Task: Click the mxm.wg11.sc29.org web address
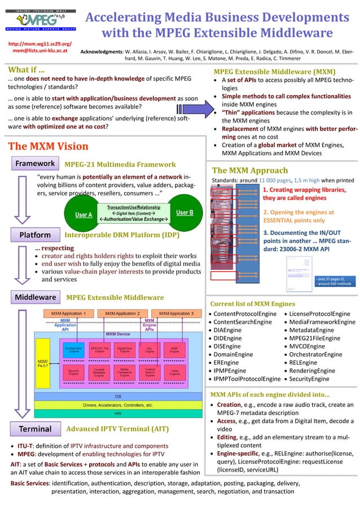tap(39, 43)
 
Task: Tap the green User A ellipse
tap(84, 214)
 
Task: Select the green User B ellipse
tap(185, 213)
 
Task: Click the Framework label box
tap(35, 164)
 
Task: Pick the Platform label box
tap(35, 234)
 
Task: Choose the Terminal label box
tap(35, 429)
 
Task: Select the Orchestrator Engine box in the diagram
tap(73, 350)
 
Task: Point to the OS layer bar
tap(118, 396)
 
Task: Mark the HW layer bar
tap(118, 414)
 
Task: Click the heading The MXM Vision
tap(48, 146)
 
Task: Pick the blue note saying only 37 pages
tap(333, 281)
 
